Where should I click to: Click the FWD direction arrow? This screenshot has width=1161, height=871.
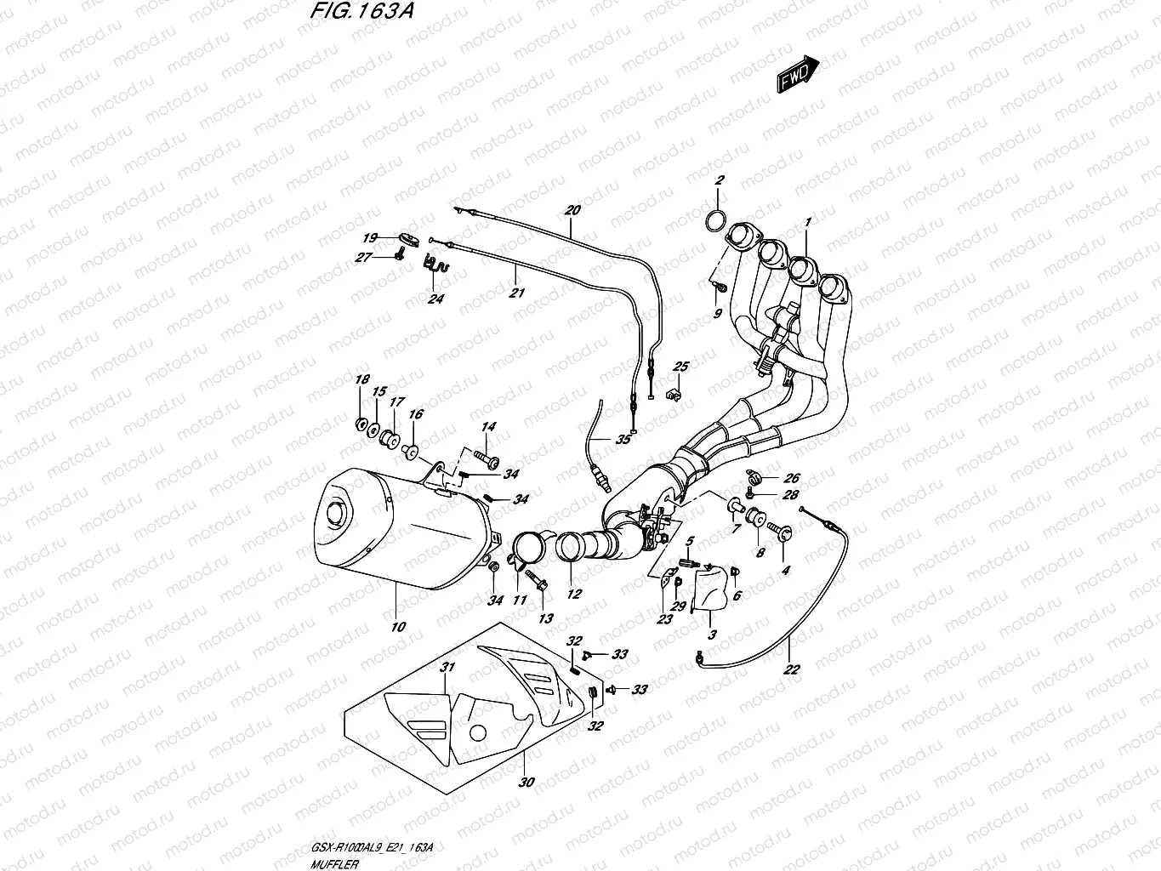click(x=797, y=76)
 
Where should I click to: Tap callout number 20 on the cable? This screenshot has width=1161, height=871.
click(x=572, y=210)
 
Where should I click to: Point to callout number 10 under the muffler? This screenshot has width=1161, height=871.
click(x=398, y=626)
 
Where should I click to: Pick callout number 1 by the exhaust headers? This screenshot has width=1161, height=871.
click(x=808, y=222)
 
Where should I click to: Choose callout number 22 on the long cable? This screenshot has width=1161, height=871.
click(x=791, y=669)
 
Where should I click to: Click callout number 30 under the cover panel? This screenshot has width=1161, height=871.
click(x=526, y=783)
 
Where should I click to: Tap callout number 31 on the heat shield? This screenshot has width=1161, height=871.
click(x=447, y=667)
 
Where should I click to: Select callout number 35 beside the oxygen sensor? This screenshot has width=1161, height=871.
click(x=623, y=439)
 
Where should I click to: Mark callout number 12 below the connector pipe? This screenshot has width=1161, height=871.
click(x=574, y=594)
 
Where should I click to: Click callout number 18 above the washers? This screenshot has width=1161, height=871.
click(x=361, y=379)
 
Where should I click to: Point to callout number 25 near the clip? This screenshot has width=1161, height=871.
click(x=680, y=366)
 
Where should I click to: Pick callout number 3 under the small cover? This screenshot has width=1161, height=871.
click(x=711, y=635)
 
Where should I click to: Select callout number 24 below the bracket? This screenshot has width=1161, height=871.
click(x=435, y=299)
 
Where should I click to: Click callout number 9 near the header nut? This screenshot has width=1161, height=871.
click(x=717, y=313)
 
